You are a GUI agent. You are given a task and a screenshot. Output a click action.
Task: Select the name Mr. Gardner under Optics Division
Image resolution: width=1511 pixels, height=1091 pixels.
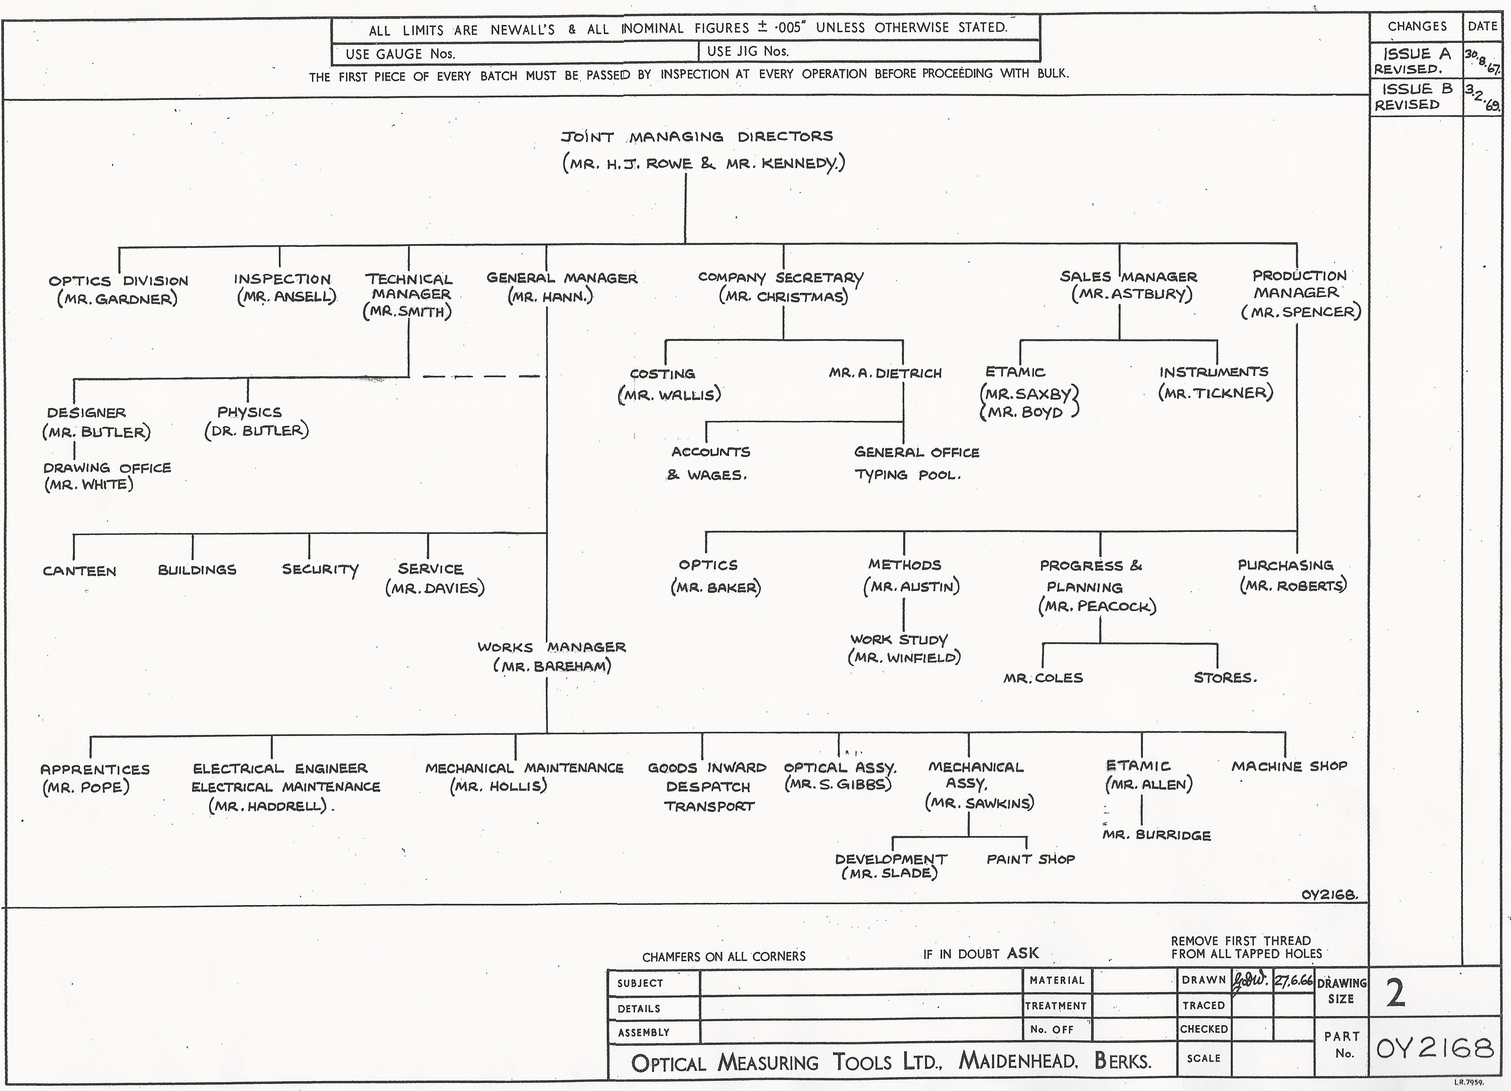pos(117,299)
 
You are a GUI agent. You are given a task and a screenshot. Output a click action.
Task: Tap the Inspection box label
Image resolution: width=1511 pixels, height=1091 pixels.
pos(282,279)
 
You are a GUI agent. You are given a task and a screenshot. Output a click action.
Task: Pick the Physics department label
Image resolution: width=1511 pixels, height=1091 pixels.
pos(249,412)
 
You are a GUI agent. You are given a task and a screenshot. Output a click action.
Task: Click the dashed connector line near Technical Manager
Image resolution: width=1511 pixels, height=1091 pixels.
pos(481,376)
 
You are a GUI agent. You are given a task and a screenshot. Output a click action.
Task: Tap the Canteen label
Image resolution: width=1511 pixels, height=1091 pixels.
pos(79,571)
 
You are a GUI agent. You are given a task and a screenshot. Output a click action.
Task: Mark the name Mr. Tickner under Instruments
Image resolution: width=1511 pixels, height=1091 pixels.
pos(1216,393)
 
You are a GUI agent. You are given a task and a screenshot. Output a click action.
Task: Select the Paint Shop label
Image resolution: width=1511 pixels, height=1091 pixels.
pos(1031,859)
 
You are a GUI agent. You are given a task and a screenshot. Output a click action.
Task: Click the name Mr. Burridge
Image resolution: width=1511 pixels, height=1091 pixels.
pos(1157,835)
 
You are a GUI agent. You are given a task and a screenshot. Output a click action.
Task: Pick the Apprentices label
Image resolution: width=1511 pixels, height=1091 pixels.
pos(95,769)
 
